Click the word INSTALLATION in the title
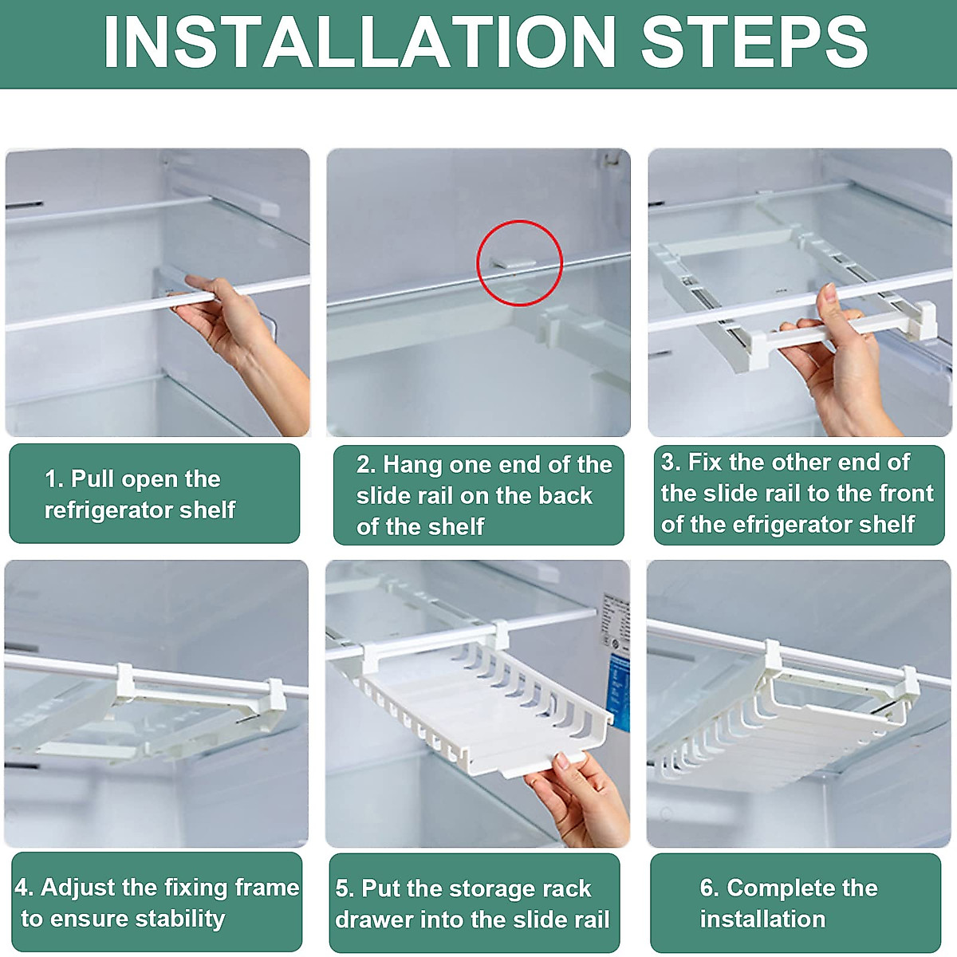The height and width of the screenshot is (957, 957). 360,42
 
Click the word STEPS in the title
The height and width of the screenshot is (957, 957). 754,42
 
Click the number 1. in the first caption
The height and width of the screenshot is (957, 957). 54,479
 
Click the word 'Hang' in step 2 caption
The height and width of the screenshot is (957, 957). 412,465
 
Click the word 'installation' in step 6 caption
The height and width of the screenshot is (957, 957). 762,920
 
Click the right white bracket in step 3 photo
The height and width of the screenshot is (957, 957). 925,319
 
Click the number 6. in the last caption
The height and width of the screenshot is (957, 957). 710,888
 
